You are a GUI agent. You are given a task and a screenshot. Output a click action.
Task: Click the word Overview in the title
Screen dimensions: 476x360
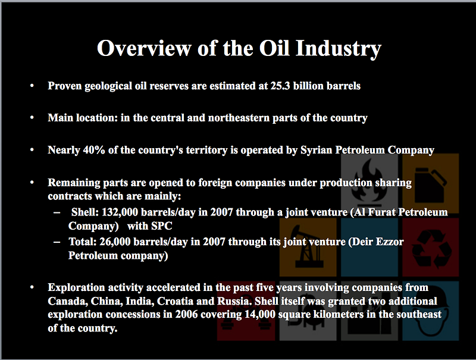144,48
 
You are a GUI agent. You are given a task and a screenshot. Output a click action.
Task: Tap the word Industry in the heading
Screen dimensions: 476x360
338,49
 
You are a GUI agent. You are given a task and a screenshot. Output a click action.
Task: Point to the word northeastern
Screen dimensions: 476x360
239,118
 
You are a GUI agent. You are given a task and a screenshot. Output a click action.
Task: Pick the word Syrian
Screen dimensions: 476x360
317,150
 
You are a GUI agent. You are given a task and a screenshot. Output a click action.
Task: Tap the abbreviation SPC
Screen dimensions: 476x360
161,226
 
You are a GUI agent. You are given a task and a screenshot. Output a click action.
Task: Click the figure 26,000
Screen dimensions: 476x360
115,242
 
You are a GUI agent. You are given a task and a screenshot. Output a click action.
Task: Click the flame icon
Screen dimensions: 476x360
369,182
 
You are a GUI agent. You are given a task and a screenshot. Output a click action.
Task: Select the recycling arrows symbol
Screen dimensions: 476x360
431,249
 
